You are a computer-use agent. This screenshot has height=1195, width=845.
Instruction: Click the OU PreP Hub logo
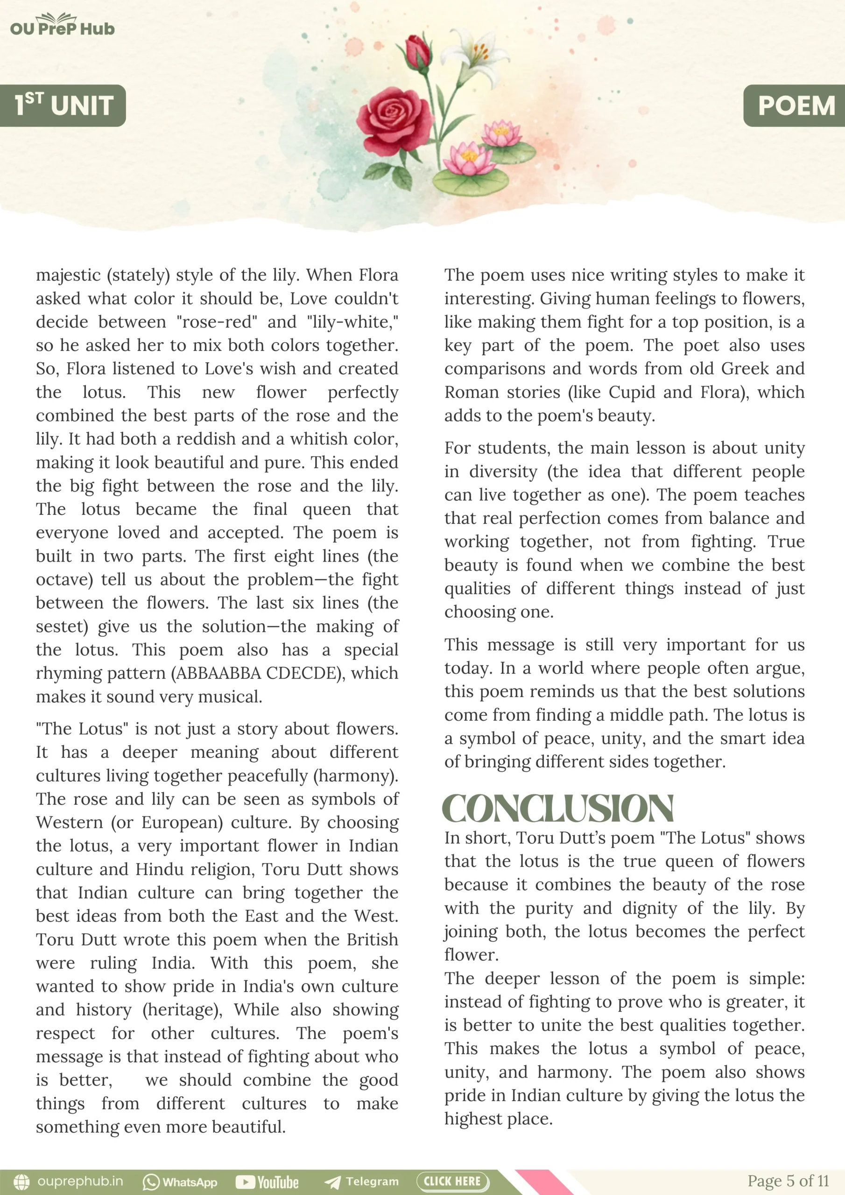62,26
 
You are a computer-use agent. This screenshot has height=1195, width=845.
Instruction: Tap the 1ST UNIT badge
63,105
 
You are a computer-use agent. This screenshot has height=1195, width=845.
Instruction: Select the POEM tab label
796,105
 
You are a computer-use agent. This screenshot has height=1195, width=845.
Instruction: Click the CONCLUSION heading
557,809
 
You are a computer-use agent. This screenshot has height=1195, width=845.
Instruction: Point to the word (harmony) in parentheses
355,776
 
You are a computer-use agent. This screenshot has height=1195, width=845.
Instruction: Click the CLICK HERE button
452,1181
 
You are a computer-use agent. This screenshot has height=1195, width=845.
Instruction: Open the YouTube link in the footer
267,1182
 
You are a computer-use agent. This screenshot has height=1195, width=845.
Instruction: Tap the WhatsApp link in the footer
180,1182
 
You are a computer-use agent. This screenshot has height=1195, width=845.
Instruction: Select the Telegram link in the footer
361,1182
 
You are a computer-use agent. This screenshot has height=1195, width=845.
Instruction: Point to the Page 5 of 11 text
788,1181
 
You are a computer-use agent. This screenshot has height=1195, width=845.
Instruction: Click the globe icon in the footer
22,1181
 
